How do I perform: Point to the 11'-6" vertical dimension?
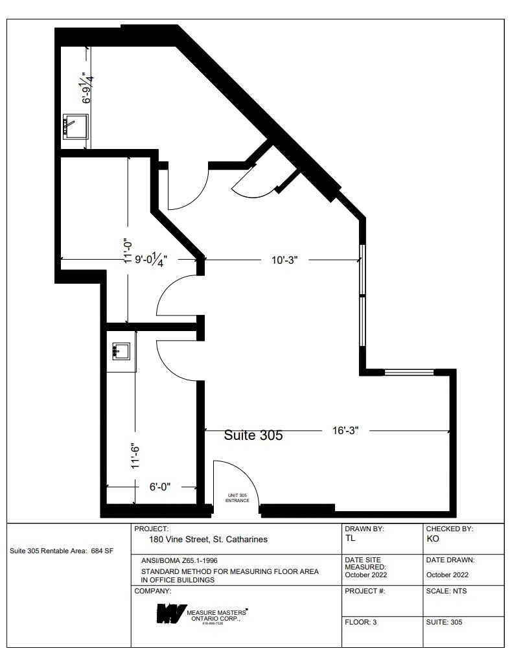tap(135, 455)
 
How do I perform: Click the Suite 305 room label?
tap(253, 435)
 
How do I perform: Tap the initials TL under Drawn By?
tap(351, 538)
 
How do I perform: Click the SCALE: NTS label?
tap(446, 591)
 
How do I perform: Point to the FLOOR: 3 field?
tap(360, 622)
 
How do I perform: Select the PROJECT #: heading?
tap(365, 591)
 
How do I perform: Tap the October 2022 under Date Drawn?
tap(447, 574)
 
